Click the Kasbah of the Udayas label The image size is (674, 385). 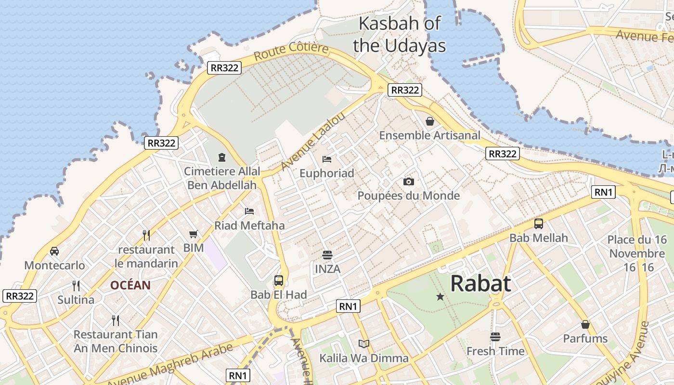[x=399, y=34]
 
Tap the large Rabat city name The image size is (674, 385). [x=480, y=283]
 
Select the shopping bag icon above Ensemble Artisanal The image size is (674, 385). [x=429, y=121]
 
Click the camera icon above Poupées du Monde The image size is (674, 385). [x=408, y=181]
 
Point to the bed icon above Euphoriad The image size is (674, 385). [x=327, y=159]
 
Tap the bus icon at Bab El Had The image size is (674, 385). [x=278, y=281]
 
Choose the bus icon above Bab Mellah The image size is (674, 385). [x=538, y=224]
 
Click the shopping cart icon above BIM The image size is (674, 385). [x=193, y=234]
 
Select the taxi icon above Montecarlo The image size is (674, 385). [x=54, y=251]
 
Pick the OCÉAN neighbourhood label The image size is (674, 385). [x=130, y=285]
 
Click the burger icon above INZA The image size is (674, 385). [x=327, y=255]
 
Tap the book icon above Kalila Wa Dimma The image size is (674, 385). [x=364, y=344]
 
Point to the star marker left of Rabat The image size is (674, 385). [x=440, y=297]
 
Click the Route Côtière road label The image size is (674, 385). [x=291, y=51]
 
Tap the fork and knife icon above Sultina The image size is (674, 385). [x=76, y=286]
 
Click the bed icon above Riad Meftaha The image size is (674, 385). [x=249, y=211]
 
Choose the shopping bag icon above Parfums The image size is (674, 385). [x=585, y=324]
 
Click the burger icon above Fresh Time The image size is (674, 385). [x=495, y=337]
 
